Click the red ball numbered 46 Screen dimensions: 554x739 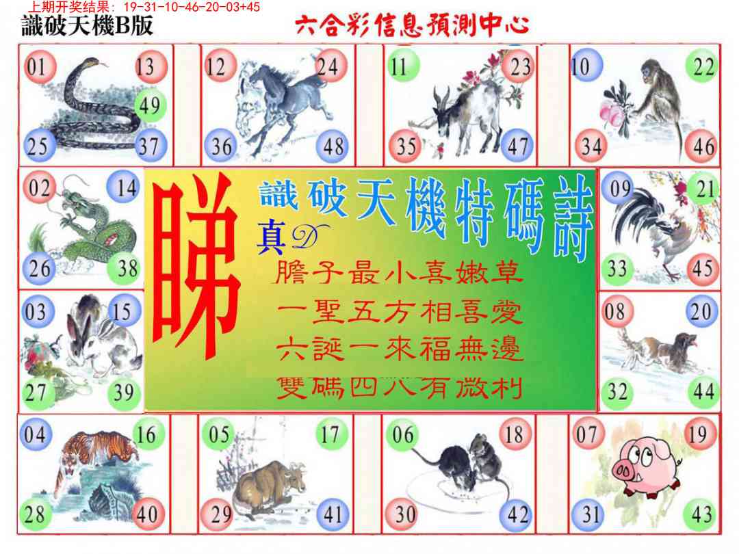(702, 146)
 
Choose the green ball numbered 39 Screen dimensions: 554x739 (124, 393)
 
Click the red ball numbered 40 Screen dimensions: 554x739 (147, 514)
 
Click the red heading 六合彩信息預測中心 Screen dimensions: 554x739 (412, 27)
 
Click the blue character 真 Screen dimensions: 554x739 (270, 237)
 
